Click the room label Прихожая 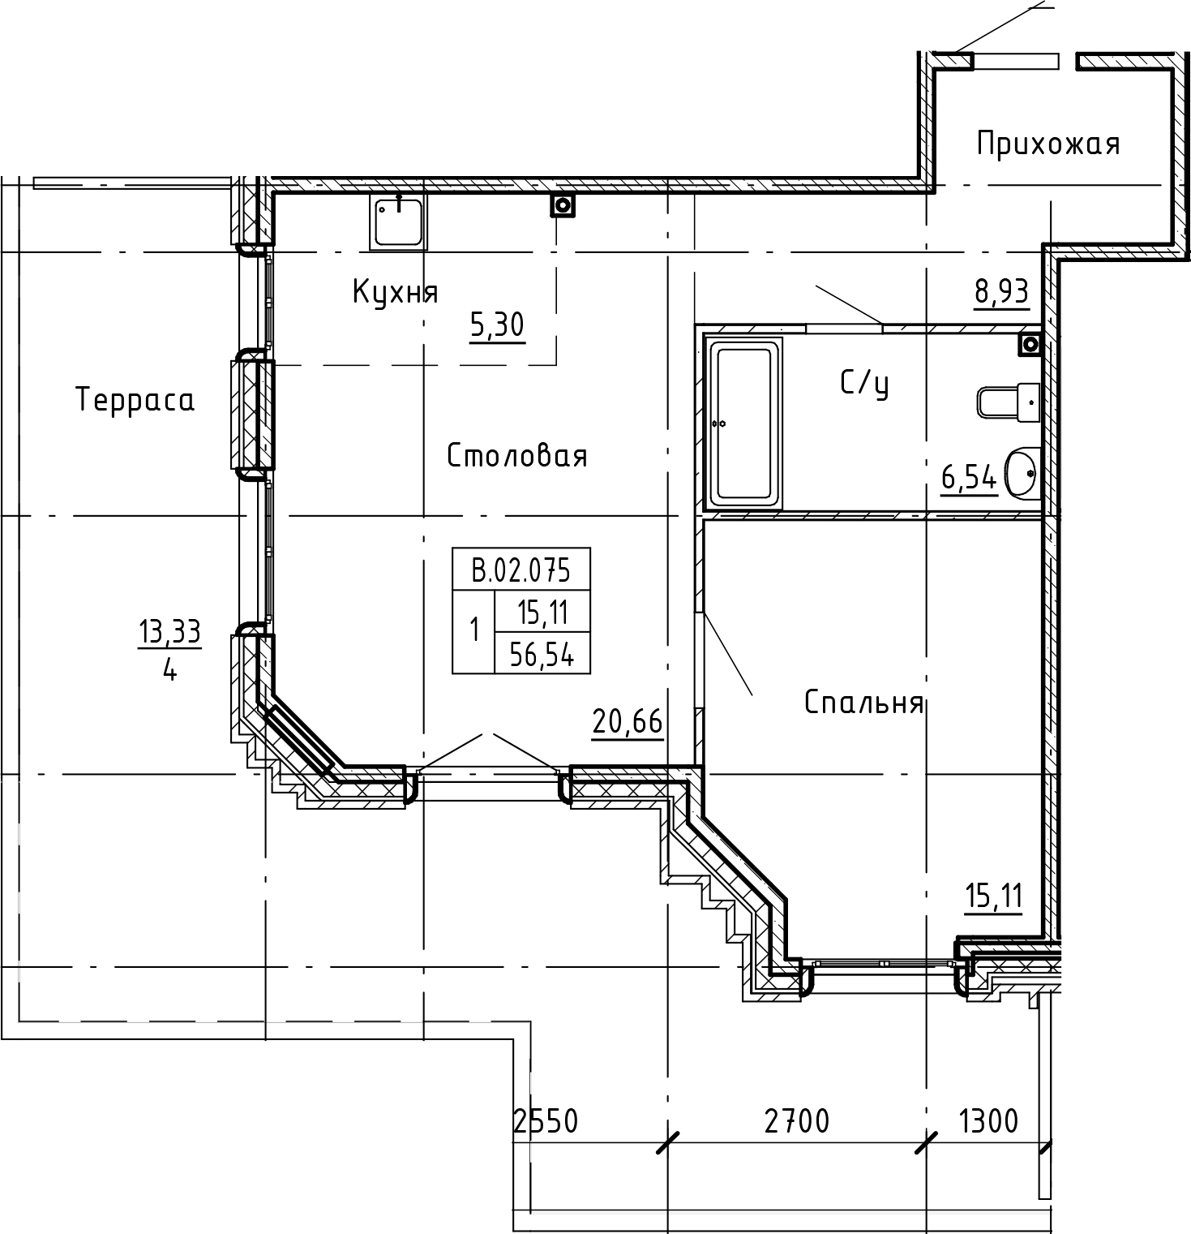pyautogui.click(x=1047, y=144)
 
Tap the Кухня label pyautogui.click(x=395, y=292)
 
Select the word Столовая pyautogui.click(x=516, y=456)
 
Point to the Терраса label pyautogui.click(x=135, y=400)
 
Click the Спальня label pyautogui.click(x=863, y=702)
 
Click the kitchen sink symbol pyautogui.click(x=398, y=221)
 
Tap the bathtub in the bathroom pyautogui.click(x=745, y=424)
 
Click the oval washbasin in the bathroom pyautogui.click(x=1021, y=474)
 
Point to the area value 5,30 pyautogui.click(x=497, y=325)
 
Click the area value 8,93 pyautogui.click(x=1001, y=290)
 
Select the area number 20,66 pyautogui.click(x=628, y=720)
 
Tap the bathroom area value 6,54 pyautogui.click(x=968, y=479)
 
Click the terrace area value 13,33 pyautogui.click(x=169, y=632)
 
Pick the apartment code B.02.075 pyautogui.click(x=521, y=570)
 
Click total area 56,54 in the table pyautogui.click(x=542, y=656)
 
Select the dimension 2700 pyautogui.click(x=797, y=1121)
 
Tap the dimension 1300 pyautogui.click(x=988, y=1121)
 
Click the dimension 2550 pyautogui.click(x=546, y=1121)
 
